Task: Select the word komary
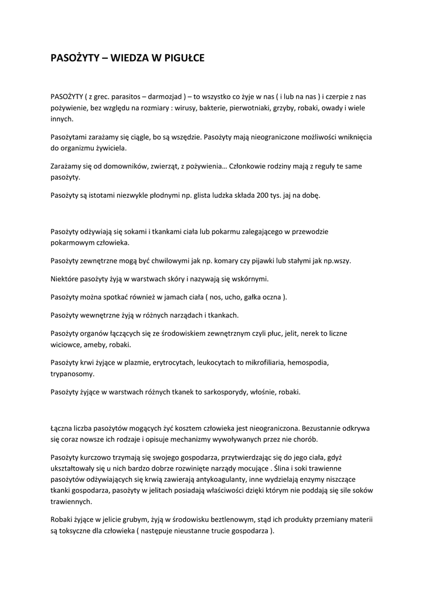tap(232, 260)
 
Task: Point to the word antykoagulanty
tap(180, 479)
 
